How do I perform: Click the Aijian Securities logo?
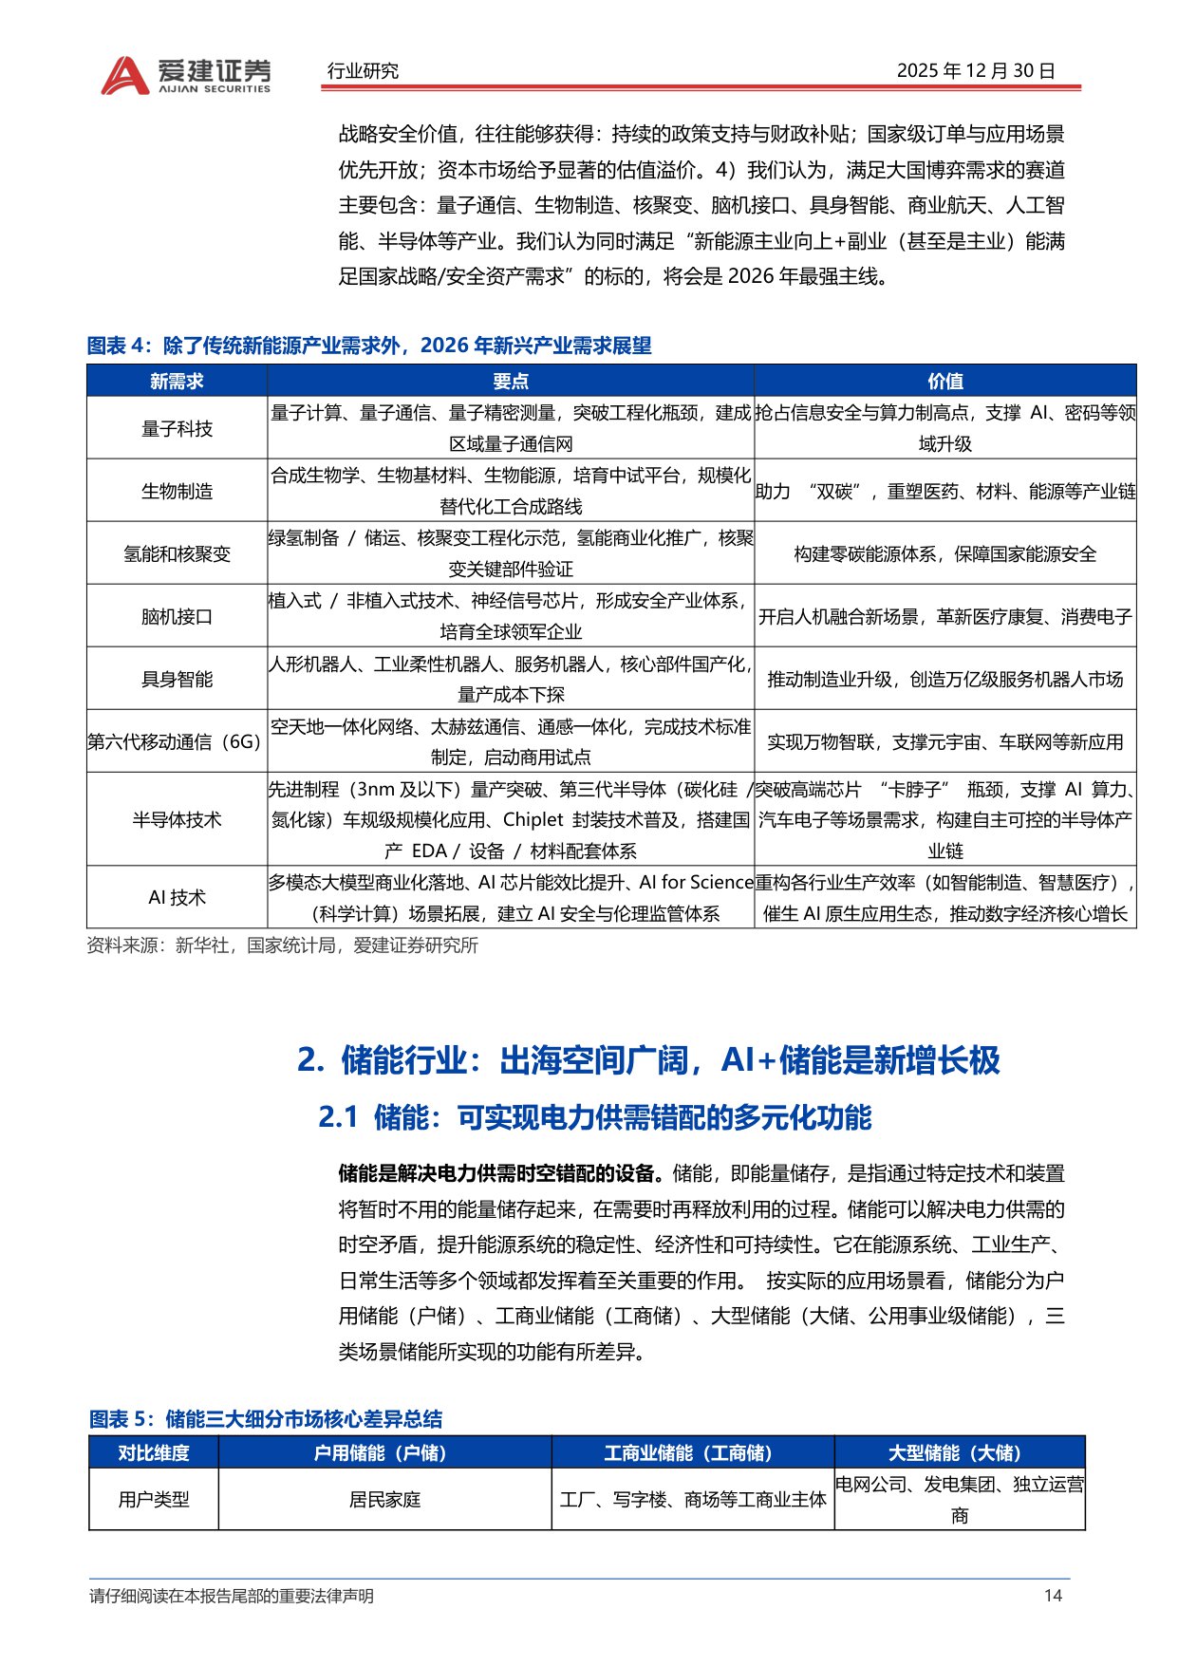click(186, 75)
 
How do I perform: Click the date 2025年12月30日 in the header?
click(976, 71)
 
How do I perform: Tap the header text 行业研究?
click(363, 71)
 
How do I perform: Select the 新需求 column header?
click(177, 381)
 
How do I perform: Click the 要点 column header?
click(511, 381)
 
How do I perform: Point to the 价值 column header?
click(945, 381)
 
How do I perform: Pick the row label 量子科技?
click(177, 428)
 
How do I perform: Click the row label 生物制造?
click(177, 491)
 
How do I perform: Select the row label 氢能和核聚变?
click(177, 553)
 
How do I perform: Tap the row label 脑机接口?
click(177, 616)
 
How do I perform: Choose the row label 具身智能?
click(177, 679)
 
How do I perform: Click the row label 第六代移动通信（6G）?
click(175, 741)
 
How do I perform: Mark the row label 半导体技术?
click(177, 819)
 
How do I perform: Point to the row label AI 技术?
click(177, 897)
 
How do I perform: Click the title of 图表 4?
click(369, 346)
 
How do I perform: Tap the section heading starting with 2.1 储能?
click(594, 1117)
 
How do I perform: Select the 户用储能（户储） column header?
click(384, 1452)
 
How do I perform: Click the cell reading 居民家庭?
click(384, 1500)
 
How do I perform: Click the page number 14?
click(1053, 1596)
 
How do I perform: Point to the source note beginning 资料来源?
click(282, 945)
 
